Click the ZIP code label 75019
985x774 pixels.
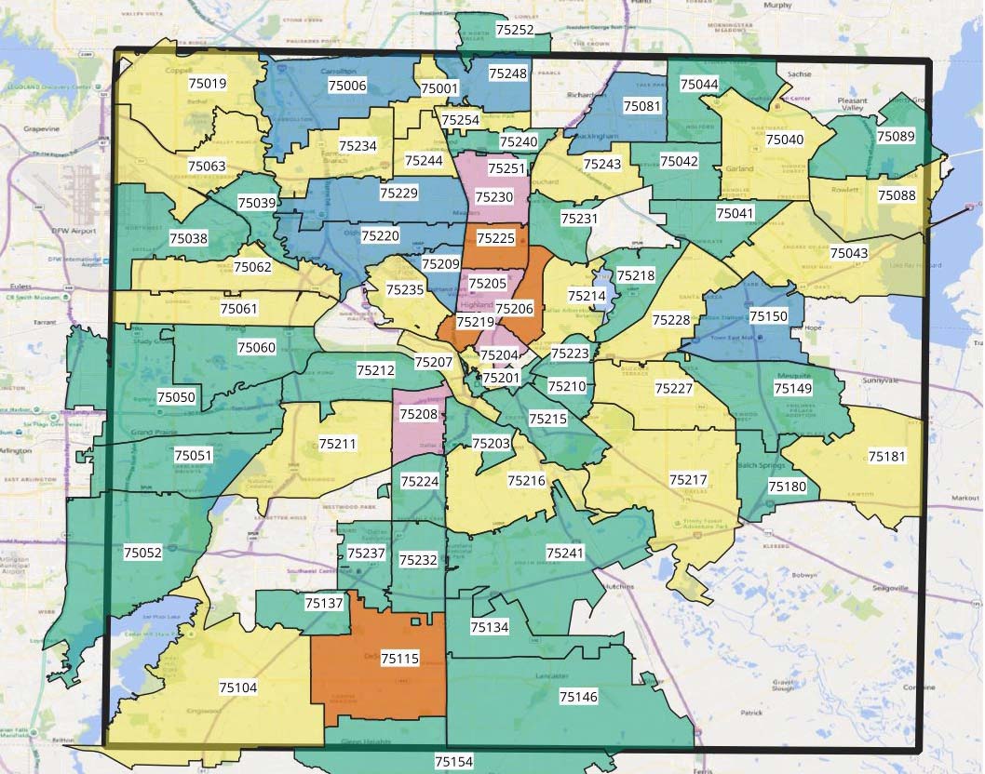click(209, 84)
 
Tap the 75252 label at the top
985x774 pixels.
click(515, 30)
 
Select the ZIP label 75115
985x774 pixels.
click(400, 659)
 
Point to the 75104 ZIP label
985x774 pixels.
click(238, 687)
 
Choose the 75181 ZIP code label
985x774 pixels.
click(886, 457)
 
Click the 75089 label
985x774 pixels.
click(896, 137)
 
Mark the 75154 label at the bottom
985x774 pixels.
click(453, 761)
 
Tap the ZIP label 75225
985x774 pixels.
click(495, 238)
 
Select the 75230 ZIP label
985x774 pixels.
click(493, 197)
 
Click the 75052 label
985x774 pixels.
click(142, 553)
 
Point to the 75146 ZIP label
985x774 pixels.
click(578, 696)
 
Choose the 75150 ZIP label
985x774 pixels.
click(768, 316)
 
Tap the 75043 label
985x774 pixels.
click(848, 253)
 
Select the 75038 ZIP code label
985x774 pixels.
click(188, 238)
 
